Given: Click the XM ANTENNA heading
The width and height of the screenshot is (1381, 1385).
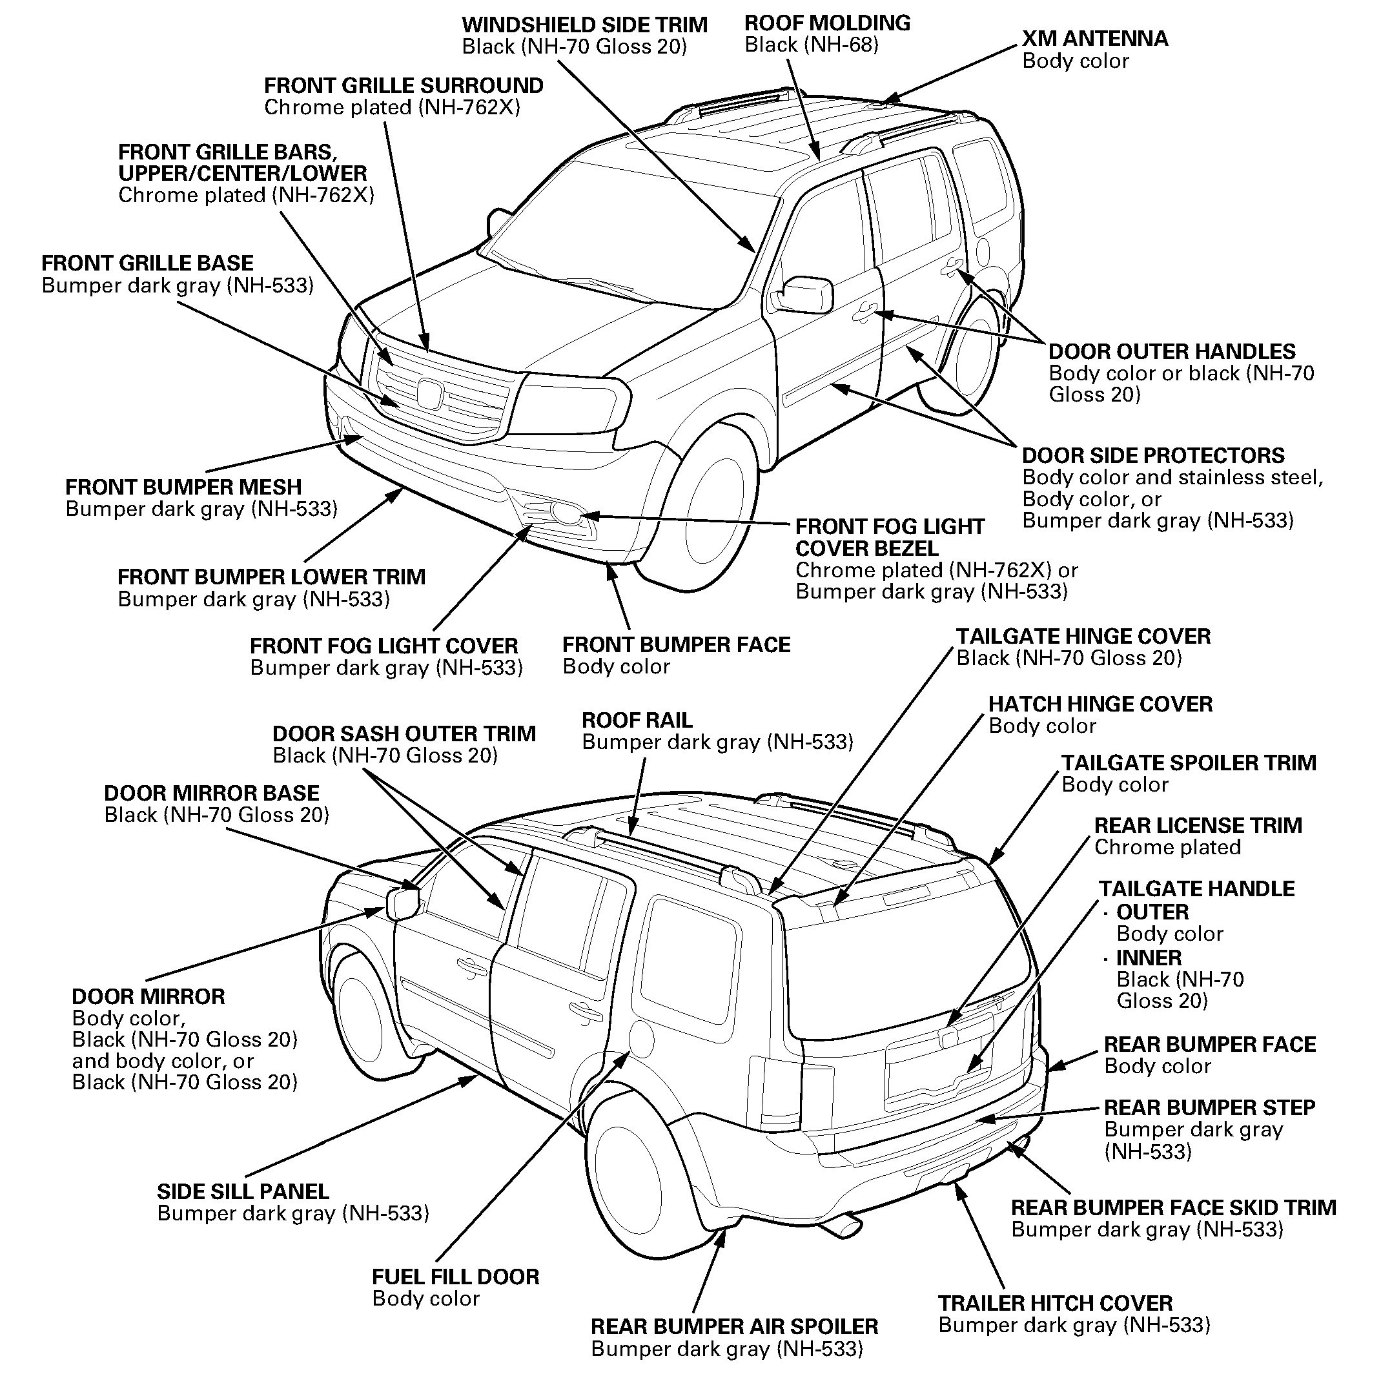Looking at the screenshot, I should pos(1094,38).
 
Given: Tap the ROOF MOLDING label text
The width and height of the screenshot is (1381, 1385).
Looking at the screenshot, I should pos(827,23).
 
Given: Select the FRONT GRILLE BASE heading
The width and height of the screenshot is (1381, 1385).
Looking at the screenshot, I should pos(147,263).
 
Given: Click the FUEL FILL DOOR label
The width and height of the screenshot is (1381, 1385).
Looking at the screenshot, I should pos(455,1277).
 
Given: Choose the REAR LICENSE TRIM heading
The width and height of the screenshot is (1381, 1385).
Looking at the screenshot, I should pos(1198,825).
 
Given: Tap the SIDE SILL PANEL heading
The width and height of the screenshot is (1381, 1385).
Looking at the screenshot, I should pos(243,1191).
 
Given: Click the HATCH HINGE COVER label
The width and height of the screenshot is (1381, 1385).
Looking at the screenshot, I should pos(1100,704).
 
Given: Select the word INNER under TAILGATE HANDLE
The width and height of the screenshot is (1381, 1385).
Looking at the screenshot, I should pos(1149,958).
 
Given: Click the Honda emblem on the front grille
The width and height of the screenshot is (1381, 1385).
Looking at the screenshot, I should pos(429,393).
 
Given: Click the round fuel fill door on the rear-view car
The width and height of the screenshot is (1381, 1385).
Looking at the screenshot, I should pos(640,1039).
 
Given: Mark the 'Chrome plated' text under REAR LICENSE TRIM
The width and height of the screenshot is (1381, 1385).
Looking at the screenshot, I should pos(1167,847).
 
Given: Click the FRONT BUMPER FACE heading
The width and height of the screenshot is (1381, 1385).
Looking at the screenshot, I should pos(676,644).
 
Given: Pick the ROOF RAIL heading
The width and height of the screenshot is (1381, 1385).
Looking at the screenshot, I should pos(637,720).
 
